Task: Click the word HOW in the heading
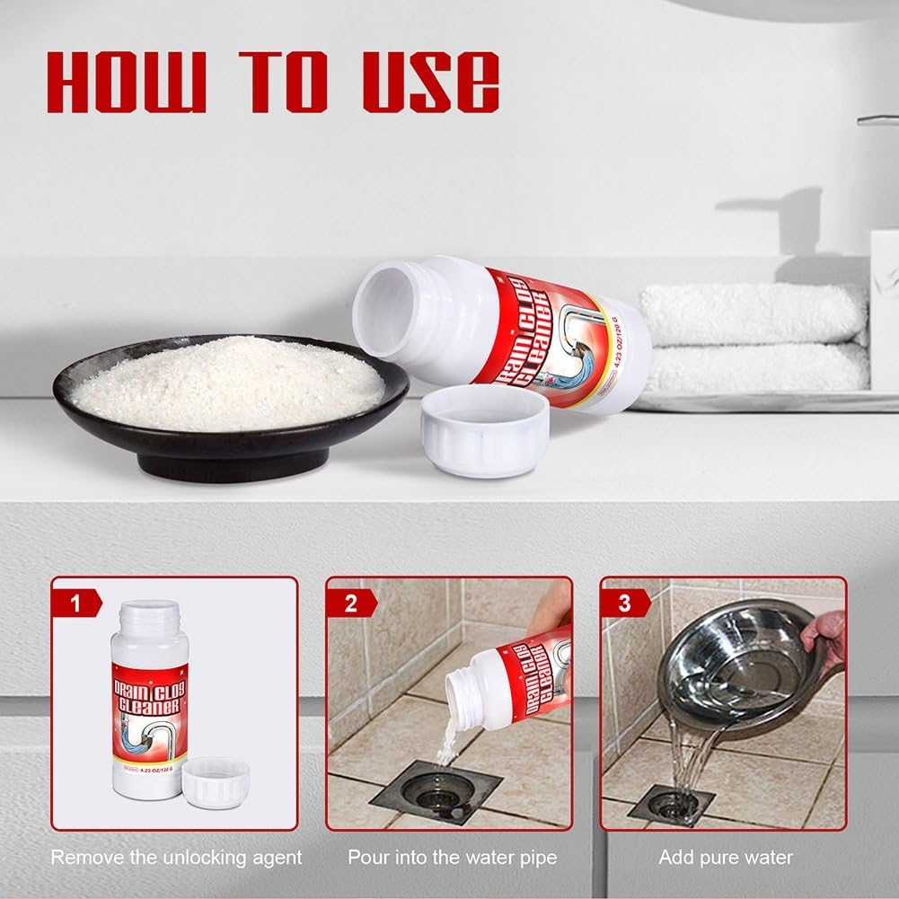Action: pos(126,83)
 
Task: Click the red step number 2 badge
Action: pos(350,603)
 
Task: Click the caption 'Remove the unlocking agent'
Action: pos(176,858)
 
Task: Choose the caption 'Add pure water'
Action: pos(725,858)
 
